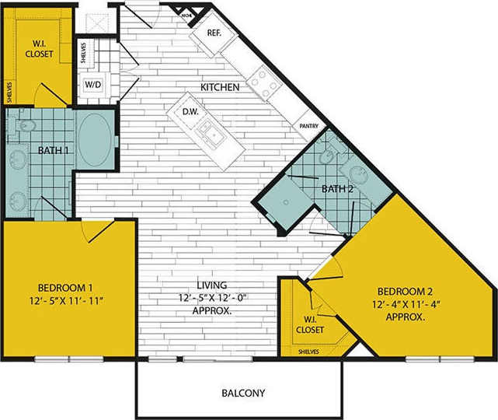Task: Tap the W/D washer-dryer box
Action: coord(92,85)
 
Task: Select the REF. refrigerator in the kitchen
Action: coord(215,33)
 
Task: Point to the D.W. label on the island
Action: coord(190,112)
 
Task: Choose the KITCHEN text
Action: coord(220,87)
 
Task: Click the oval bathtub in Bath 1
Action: coord(95,140)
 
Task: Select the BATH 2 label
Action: coord(338,188)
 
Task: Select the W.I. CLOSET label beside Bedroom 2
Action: coord(310,324)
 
